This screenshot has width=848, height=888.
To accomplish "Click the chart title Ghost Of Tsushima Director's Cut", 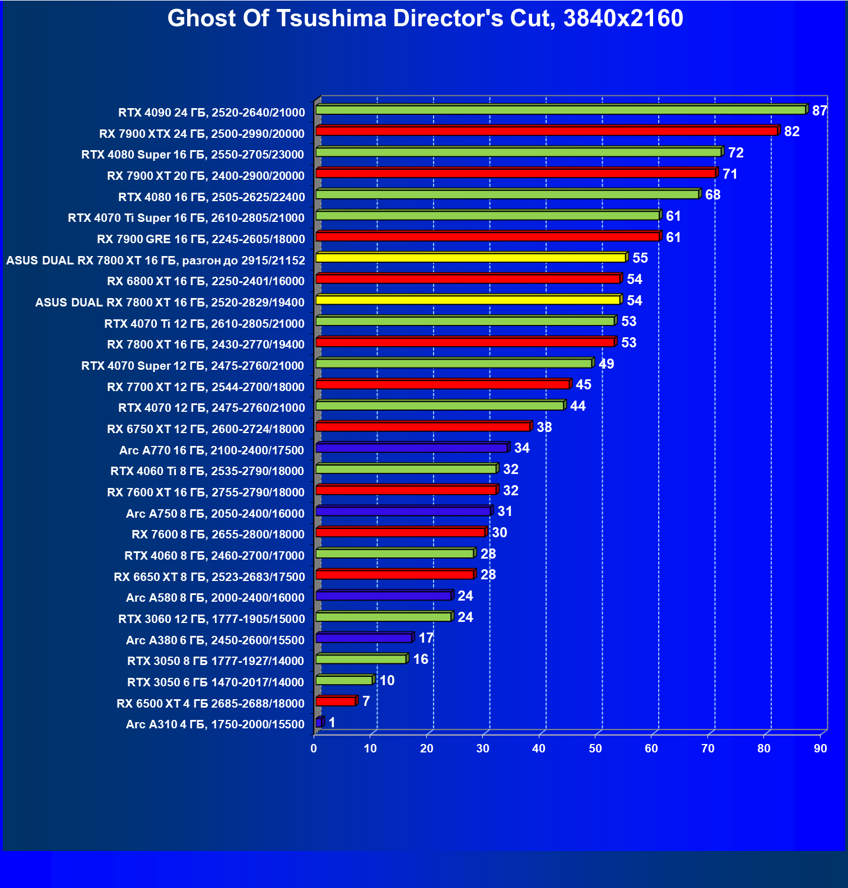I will [425, 18].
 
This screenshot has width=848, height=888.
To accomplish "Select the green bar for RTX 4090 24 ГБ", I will [560, 110].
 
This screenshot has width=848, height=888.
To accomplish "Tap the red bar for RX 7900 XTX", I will [546, 131].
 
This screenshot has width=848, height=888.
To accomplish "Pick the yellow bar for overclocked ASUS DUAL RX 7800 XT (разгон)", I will [470, 258].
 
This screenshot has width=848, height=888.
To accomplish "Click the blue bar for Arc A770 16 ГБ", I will [412, 448].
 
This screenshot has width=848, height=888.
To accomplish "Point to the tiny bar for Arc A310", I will [319, 723].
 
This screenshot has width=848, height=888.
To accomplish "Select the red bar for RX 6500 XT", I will [336, 701].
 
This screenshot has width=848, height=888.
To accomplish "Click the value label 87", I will [819, 110].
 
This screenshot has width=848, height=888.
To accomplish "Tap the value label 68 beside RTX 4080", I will [712, 195].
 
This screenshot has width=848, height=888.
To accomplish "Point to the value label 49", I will [606, 364].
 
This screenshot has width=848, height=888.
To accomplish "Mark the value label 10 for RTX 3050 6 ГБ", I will [387, 681].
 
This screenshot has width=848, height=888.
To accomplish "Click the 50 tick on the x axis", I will [595, 748].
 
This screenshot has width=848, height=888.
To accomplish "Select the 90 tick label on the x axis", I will [820, 748].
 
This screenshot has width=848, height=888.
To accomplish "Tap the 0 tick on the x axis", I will [314, 748].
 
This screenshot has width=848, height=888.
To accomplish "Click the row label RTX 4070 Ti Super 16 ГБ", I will [186, 218].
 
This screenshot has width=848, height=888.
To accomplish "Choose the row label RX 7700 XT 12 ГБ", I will [206, 387].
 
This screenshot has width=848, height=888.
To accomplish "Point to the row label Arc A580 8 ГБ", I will [215, 598].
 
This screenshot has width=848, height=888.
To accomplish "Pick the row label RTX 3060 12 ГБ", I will [211, 619].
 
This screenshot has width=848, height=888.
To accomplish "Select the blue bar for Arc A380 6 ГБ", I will [364, 638].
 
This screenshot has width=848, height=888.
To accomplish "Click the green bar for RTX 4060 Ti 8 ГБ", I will [406, 469].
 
